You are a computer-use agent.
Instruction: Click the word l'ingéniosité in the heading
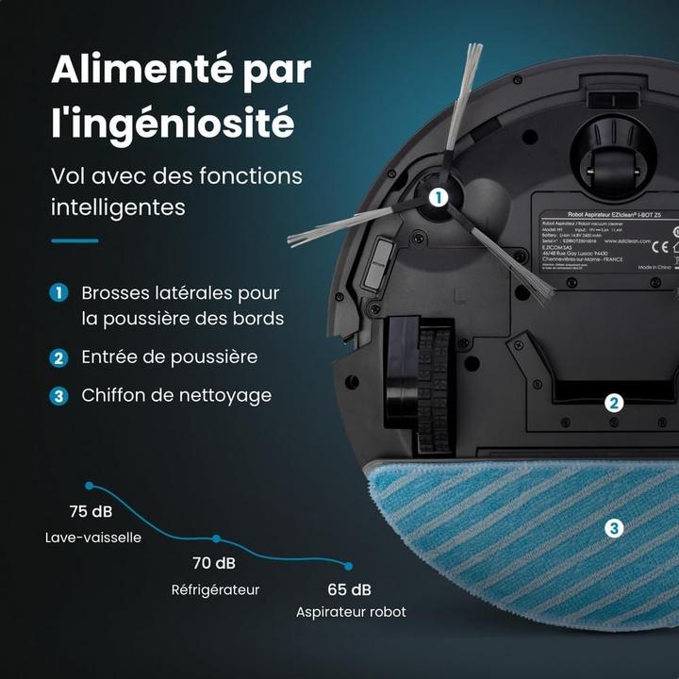(x=173, y=123)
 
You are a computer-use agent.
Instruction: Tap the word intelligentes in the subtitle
(x=118, y=205)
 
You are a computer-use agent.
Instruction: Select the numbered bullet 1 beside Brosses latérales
(x=59, y=293)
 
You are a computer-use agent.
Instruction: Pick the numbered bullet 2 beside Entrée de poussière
(x=59, y=357)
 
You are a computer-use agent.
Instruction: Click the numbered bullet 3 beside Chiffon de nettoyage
(x=59, y=395)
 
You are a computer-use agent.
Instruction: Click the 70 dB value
(x=214, y=564)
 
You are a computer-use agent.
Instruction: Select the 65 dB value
(x=349, y=590)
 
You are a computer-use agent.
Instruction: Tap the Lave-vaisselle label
(x=92, y=538)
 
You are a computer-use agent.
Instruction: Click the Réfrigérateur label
(x=215, y=590)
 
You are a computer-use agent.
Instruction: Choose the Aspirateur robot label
(x=351, y=612)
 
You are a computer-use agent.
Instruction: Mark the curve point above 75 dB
(x=90, y=486)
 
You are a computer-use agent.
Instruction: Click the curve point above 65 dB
(x=348, y=566)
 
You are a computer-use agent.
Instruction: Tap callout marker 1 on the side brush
(x=438, y=197)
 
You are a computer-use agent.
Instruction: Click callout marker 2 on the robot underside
(x=614, y=404)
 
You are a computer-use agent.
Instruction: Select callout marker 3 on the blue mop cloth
(x=614, y=528)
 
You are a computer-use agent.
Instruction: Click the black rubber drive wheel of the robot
(x=433, y=387)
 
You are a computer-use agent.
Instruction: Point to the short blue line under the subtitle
(x=75, y=240)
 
